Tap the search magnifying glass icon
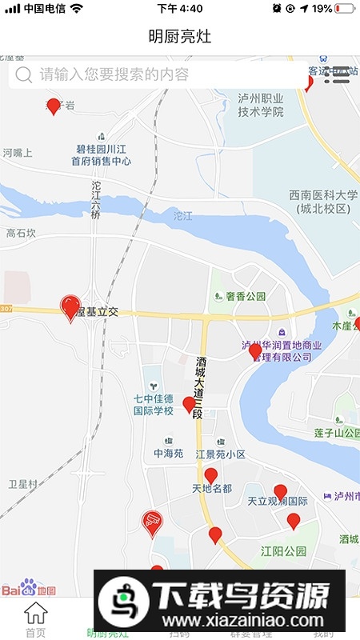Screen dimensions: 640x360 24,75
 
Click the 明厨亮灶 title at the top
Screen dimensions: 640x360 180,37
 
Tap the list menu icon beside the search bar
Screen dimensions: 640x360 342,75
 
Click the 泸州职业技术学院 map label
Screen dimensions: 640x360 261,105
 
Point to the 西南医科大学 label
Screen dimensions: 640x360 323,202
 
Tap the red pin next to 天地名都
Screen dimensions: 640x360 211,476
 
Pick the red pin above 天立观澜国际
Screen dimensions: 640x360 280,491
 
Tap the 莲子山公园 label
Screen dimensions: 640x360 328,433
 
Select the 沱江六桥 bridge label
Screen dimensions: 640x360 96,201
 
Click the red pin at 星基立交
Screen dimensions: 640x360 70,306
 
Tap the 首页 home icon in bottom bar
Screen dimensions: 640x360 35,619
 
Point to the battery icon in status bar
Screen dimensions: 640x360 345,8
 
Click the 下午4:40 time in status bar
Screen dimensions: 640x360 180,8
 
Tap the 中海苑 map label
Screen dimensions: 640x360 169,453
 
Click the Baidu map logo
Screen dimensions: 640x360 28,590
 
